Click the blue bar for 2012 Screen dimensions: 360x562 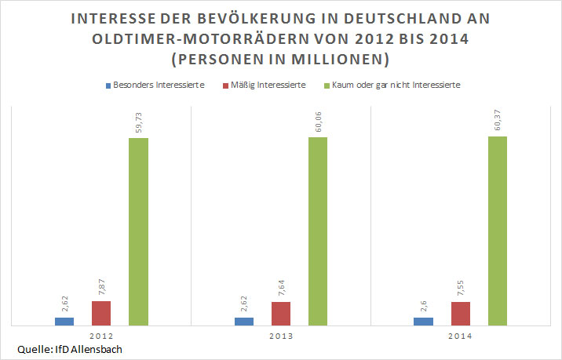pos(64,321)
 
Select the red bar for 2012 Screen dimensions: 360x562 pos(101,313)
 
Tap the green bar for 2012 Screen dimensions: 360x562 pos(138,231)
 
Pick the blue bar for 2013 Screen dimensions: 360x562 pos(244,321)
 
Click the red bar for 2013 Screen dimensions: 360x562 pos(281,313)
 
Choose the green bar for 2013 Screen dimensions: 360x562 pos(318,231)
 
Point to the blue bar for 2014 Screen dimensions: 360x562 pos(423,321)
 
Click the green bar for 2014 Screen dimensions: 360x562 pos(498,231)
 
